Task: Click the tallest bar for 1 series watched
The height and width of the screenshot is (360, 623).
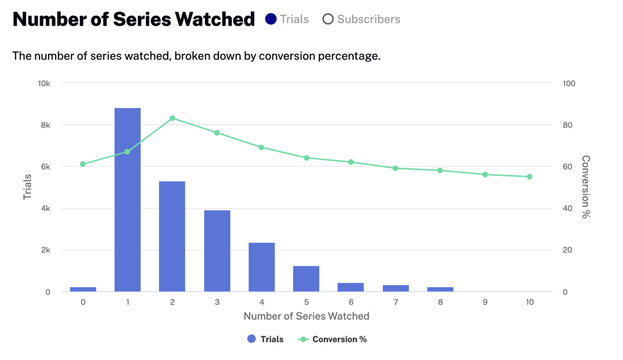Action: pyautogui.click(x=127, y=200)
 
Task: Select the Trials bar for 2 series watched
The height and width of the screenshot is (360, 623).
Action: pyautogui.click(x=172, y=236)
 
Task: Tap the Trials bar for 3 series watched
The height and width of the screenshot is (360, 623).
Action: pyautogui.click(x=217, y=251)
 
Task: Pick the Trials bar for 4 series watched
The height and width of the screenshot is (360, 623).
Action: pyautogui.click(x=261, y=267)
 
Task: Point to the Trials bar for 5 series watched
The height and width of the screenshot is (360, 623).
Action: pyautogui.click(x=306, y=279)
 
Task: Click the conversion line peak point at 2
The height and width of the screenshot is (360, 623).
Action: pyautogui.click(x=172, y=119)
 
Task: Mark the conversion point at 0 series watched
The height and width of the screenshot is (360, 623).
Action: pyautogui.click(x=83, y=164)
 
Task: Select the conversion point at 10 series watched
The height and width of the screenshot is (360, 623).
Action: pyautogui.click(x=530, y=177)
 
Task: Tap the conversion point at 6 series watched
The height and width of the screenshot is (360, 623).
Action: pyautogui.click(x=351, y=162)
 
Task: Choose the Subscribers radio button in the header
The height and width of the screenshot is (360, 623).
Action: pyautogui.click(x=328, y=19)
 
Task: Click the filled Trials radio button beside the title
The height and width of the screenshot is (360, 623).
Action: pyautogui.click(x=271, y=19)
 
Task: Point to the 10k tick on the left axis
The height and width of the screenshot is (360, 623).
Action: pyautogui.click(x=44, y=83)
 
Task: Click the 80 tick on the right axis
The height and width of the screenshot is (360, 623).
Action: pyautogui.click(x=568, y=125)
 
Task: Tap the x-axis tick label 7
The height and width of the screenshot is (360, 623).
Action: pyautogui.click(x=396, y=302)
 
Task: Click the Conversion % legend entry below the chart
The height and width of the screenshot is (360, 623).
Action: pyautogui.click(x=332, y=340)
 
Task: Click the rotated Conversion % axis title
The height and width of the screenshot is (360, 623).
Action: pyautogui.click(x=586, y=187)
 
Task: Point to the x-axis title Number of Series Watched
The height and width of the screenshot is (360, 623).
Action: pyautogui.click(x=307, y=316)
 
